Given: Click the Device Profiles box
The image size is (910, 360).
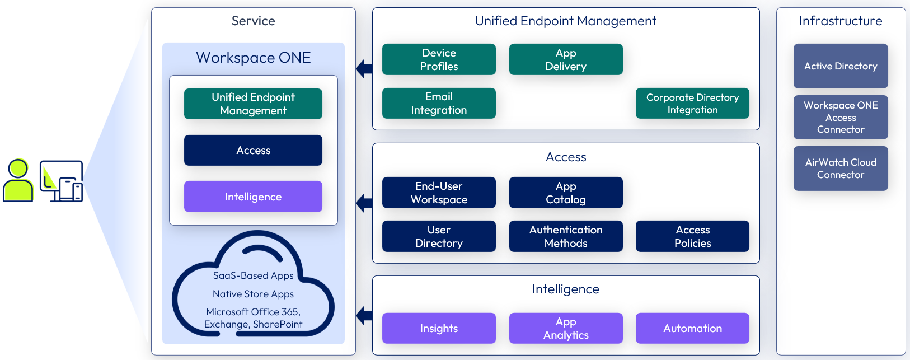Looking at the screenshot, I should (x=439, y=59).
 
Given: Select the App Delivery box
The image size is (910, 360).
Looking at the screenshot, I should (x=566, y=59).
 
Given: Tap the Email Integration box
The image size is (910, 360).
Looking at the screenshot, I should (x=439, y=103).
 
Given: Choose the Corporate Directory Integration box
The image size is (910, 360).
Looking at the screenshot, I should (x=692, y=103).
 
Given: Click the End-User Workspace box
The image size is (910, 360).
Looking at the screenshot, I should (x=439, y=193).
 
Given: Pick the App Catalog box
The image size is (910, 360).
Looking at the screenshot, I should (x=566, y=193).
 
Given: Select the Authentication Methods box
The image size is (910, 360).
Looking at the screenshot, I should (x=566, y=236).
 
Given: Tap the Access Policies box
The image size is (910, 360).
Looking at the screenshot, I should (x=692, y=236).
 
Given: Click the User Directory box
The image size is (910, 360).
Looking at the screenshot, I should (x=439, y=236).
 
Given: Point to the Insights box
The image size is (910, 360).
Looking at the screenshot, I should (x=439, y=328).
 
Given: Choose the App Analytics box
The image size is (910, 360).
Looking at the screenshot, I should (x=566, y=328).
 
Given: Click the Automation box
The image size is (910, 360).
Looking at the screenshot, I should (x=692, y=328).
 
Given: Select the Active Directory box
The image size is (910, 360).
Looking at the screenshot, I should (x=841, y=66).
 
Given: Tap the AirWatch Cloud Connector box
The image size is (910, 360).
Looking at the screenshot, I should (x=841, y=169).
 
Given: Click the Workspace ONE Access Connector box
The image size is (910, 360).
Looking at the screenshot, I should (x=841, y=117).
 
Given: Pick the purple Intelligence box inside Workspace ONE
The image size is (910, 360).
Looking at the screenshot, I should (x=253, y=197).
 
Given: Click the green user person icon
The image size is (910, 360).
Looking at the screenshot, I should (x=18, y=180).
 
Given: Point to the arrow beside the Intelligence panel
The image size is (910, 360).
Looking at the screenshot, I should (x=364, y=315).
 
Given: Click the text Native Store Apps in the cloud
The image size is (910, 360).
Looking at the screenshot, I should (x=253, y=294).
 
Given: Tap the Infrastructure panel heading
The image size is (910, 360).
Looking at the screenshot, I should (x=841, y=21).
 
